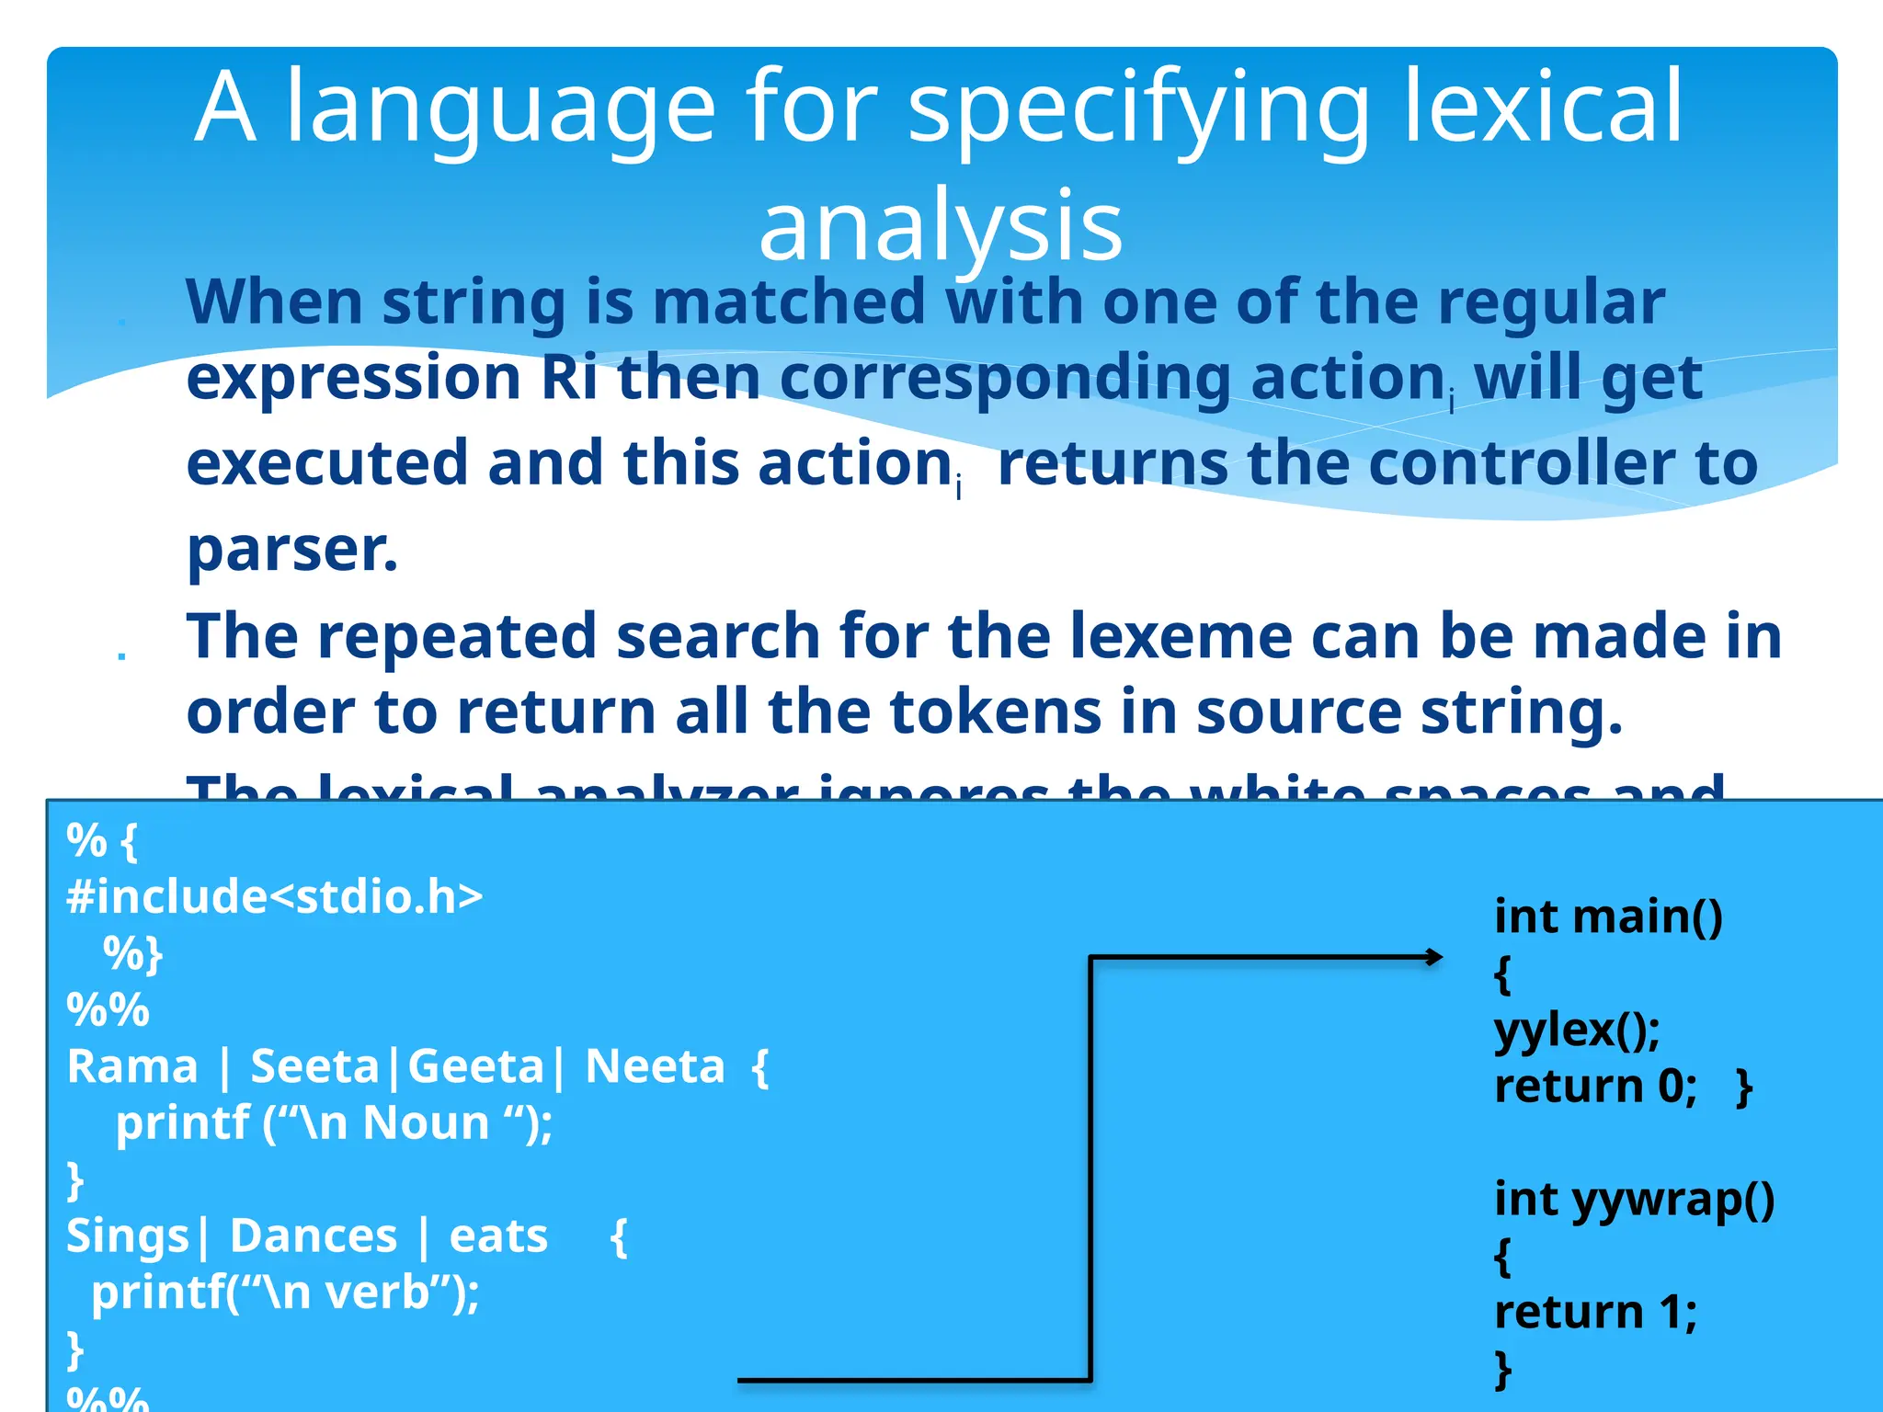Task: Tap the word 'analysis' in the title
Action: [940, 226]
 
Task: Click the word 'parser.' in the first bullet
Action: [292, 549]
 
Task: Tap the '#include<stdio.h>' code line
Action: [274, 896]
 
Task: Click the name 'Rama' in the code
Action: [132, 1067]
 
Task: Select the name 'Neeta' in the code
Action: [655, 1067]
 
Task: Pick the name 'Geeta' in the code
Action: [475, 1067]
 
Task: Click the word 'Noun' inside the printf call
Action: [426, 1123]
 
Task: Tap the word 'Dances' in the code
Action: [313, 1236]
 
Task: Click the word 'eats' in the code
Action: [498, 1236]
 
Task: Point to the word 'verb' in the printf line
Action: [377, 1293]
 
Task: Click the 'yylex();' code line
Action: [1577, 1030]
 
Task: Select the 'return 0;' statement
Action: [1595, 1087]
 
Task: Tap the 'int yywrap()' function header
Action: [1634, 1200]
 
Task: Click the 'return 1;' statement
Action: [1595, 1312]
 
